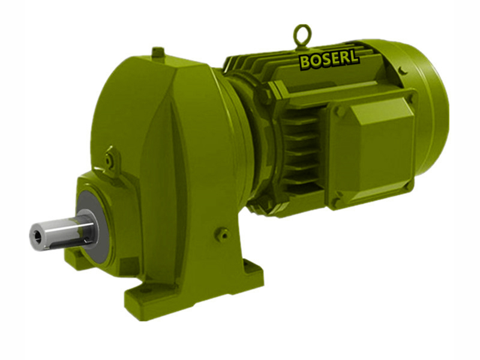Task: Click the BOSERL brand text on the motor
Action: (x=329, y=59)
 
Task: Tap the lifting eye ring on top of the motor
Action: (x=302, y=35)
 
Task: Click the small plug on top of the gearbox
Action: (x=158, y=53)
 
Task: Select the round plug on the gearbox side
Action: (x=223, y=233)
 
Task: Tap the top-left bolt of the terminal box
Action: (x=340, y=112)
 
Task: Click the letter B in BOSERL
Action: (x=305, y=62)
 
